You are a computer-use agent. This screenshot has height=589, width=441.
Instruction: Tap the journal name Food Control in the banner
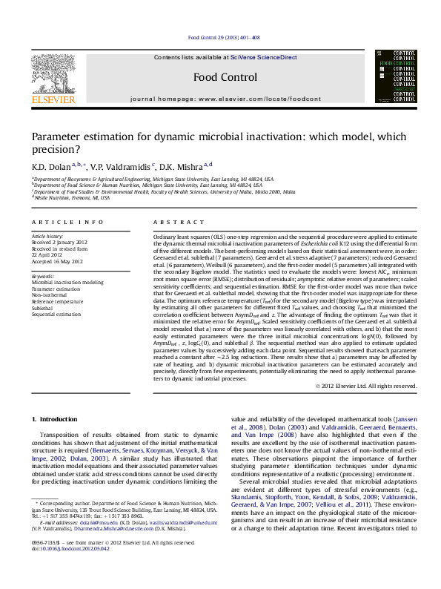coord(225,77)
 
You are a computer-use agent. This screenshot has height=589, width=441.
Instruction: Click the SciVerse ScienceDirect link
coord(263,57)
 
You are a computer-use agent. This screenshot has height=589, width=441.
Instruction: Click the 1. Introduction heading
coord(57,421)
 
